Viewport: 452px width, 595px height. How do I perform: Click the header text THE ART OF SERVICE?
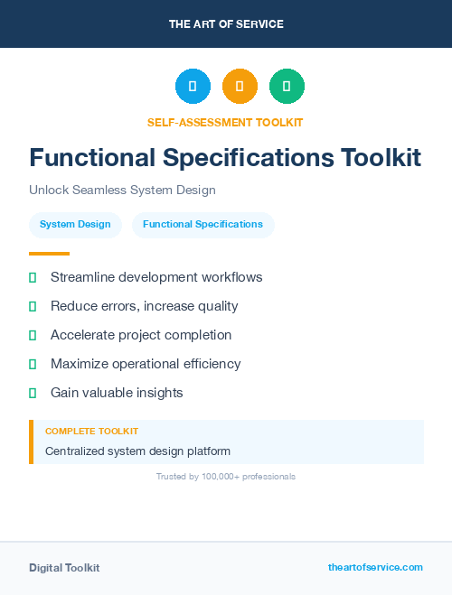[226, 24]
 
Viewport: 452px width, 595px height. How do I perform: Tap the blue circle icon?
[193, 87]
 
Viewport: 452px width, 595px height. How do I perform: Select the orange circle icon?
[240, 87]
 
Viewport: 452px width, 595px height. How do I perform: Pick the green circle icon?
[287, 87]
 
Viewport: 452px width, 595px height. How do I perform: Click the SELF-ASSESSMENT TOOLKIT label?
[225, 122]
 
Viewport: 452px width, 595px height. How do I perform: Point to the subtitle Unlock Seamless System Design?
[122, 191]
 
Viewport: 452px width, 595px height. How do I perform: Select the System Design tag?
[75, 225]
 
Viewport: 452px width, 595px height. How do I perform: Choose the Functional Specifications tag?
[202, 225]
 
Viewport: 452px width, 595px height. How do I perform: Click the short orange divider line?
[49, 254]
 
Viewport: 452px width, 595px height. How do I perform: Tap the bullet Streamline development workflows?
[156, 277]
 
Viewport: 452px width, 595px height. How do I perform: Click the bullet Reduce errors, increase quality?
[144, 306]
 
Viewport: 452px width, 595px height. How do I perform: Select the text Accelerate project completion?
[141, 335]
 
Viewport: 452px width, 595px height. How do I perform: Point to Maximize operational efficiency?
[146, 364]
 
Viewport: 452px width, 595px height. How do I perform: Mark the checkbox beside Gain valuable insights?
[33, 393]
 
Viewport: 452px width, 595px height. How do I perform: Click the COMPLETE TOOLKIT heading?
[91, 432]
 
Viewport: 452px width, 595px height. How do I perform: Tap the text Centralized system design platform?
[137, 451]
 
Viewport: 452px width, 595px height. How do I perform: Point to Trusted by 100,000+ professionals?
[226, 476]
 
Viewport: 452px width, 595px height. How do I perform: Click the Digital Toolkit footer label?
[64, 568]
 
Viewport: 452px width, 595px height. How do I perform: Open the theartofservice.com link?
[375, 567]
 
